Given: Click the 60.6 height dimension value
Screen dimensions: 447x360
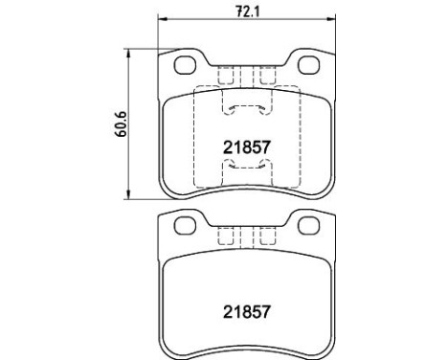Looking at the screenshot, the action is [x=121, y=124].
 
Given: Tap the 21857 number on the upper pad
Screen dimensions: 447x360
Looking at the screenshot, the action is [x=247, y=147].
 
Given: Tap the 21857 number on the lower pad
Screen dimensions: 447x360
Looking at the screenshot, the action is [x=247, y=312].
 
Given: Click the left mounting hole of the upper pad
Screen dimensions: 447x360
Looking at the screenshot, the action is [x=185, y=65].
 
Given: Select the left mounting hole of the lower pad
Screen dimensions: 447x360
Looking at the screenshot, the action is [x=185, y=226].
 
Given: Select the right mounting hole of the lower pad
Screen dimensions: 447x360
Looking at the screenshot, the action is [x=308, y=225].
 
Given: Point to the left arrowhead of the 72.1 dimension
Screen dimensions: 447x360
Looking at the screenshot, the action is [x=163, y=19].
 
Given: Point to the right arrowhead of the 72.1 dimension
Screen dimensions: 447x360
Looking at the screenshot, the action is [x=331, y=19].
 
